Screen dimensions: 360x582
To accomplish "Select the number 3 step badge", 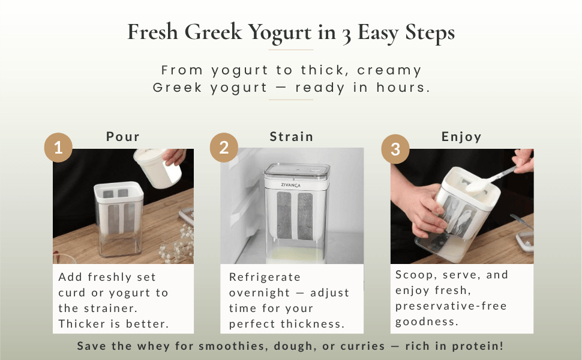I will pyautogui.click(x=395, y=149).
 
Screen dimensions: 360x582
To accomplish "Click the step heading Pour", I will pyautogui.click(x=123, y=136).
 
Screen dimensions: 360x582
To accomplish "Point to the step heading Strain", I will pyautogui.click(x=292, y=136).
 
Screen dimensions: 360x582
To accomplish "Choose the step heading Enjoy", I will pyautogui.click(x=461, y=136).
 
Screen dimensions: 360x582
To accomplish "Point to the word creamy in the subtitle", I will pyautogui.click(x=391, y=70).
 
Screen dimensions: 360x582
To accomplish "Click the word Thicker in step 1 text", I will pyautogui.click(x=83, y=324).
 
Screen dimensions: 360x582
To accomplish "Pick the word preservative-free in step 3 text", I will pyautogui.click(x=451, y=306).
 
